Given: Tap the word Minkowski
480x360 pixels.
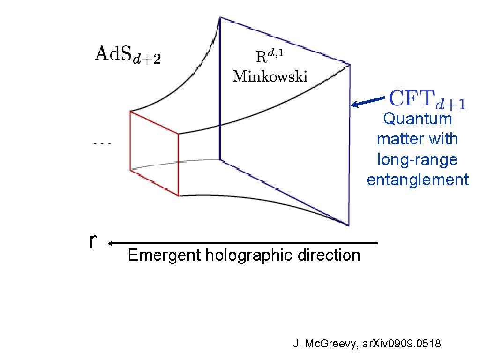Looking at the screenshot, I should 270,76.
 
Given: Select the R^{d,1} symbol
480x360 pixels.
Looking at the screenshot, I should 270,57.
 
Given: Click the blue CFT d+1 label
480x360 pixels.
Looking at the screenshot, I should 427,100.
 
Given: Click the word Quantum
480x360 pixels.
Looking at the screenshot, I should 417,119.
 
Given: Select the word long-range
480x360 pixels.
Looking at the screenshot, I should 417,160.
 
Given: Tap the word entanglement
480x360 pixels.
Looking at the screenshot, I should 417,180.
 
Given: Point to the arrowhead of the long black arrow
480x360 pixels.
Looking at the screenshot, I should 111,243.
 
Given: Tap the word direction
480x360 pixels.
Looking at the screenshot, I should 333,255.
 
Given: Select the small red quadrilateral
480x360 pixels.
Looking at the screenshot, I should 154,153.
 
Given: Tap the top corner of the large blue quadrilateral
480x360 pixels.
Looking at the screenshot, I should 220,18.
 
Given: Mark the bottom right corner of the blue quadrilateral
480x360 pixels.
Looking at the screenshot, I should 349,225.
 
